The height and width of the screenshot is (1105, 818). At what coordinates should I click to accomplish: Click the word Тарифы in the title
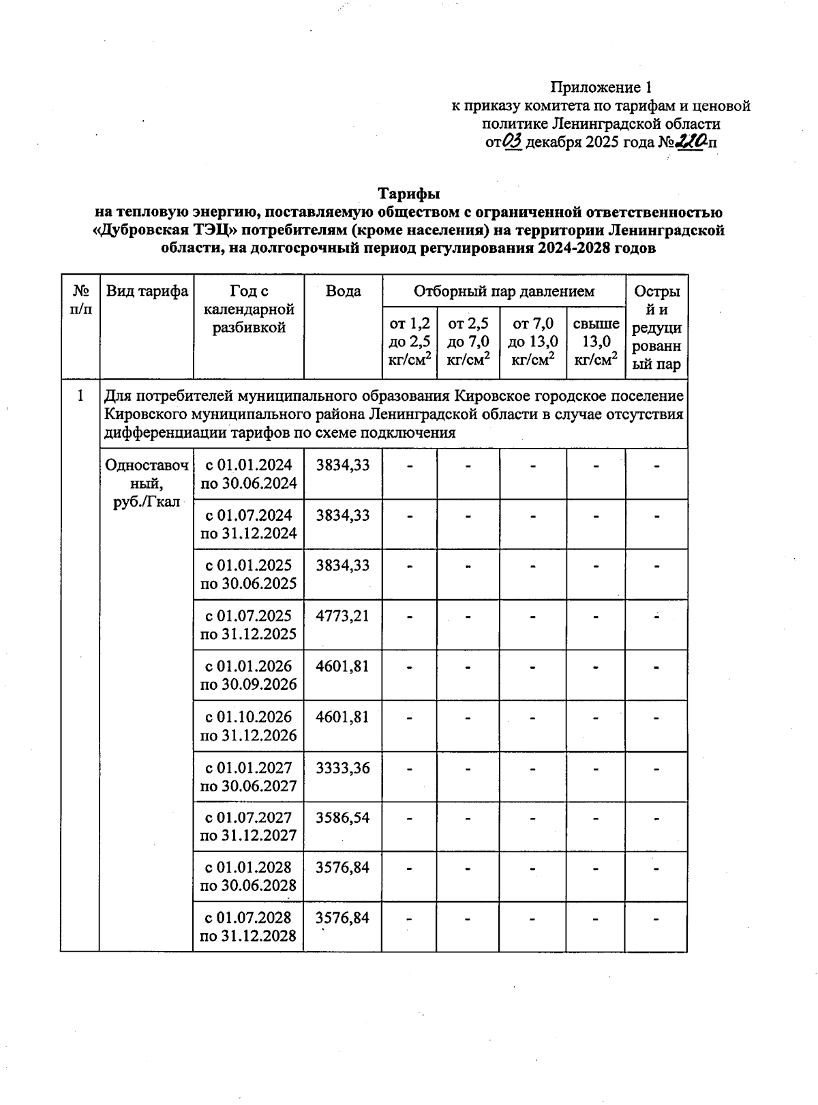[409, 194]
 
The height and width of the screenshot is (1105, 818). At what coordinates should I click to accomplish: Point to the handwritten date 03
[513, 141]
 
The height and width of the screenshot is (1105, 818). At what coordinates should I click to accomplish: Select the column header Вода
[343, 292]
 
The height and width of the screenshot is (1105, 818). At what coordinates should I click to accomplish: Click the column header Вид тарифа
[147, 292]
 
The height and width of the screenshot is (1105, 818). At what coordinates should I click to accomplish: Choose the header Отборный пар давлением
[504, 292]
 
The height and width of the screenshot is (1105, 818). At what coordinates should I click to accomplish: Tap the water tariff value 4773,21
[343, 616]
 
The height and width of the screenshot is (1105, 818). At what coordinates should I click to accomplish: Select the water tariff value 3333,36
[343, 768]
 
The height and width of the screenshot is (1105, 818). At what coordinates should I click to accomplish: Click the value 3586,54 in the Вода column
[343, 817]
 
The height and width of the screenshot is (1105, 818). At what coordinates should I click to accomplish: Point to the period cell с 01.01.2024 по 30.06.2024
[249, 474]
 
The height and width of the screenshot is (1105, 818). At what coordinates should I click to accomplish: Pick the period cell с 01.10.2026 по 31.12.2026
[249, 726]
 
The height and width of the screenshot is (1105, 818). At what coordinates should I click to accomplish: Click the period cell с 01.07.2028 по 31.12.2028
[249, 926]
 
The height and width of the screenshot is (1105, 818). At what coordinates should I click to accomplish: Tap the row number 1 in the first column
[80, 396]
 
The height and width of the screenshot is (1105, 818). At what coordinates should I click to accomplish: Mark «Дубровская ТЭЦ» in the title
[170, 230]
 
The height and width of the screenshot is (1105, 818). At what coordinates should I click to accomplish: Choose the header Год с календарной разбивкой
[249, 309]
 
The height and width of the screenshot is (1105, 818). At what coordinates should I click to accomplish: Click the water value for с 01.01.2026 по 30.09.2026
[343, 666]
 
